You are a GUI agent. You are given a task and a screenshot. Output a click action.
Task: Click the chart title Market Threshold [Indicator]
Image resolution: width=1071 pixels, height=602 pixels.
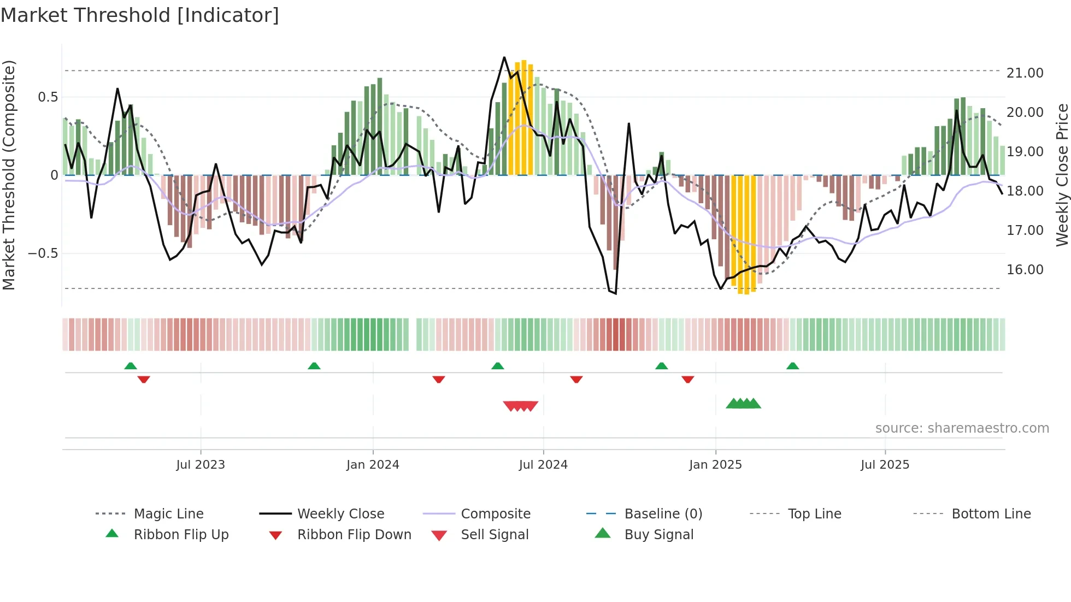click(140, 15)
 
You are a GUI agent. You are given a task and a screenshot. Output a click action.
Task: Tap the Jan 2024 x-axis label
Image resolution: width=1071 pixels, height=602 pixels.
click(373, 465)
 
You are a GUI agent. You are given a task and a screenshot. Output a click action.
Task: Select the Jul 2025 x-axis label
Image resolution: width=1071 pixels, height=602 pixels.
click(885, 465)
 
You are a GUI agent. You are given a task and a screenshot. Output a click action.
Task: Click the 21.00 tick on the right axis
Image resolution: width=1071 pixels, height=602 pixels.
click(1025, 73)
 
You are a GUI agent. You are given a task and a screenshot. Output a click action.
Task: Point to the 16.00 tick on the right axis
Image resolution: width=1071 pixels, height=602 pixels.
click(1025, 270)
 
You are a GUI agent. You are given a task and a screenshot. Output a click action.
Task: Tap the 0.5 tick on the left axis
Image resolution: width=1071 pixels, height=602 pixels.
click(48, 97)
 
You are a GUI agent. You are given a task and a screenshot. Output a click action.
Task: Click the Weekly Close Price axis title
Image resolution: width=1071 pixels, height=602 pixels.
click(1062, 175)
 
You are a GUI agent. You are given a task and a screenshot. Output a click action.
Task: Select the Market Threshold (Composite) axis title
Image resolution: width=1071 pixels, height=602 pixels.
click(9, 175)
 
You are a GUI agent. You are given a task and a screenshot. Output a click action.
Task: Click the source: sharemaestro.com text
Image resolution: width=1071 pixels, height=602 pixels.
click(962, 428)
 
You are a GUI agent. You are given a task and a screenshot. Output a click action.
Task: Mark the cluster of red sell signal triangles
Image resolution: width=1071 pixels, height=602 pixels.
click(521, 406)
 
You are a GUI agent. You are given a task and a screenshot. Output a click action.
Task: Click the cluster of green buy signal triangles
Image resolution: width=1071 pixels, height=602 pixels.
click(743, 404)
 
